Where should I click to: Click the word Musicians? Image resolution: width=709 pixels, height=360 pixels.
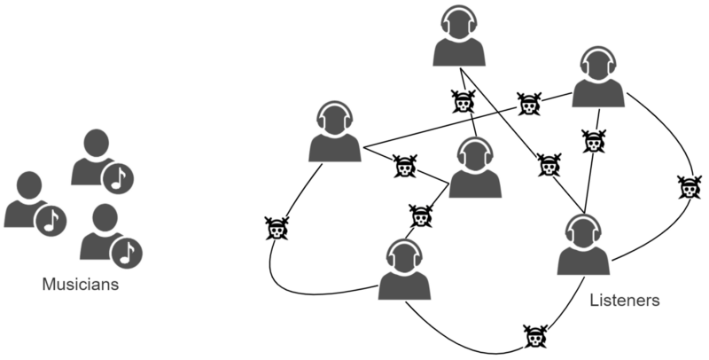click(x=81, y=286)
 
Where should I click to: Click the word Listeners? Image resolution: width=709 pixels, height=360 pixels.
click(x=624, y=301)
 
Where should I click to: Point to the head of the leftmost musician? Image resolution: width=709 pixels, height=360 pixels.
click(x=27, y=185)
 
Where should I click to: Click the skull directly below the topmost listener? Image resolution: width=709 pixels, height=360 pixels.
click(x=462, y=102)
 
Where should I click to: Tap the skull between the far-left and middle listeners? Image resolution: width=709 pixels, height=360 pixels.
click(x=405, y=166)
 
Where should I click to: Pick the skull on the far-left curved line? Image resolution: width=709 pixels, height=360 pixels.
click(x=277, y=231)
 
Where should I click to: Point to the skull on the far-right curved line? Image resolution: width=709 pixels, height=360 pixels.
click(x=688, y=187)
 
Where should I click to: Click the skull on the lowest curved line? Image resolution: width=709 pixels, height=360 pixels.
click(x=533, y=336)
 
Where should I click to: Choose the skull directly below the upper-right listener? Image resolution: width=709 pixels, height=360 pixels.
click(x=593, y=140)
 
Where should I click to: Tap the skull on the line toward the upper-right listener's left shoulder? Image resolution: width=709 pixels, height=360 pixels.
click(x=529, y=105)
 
